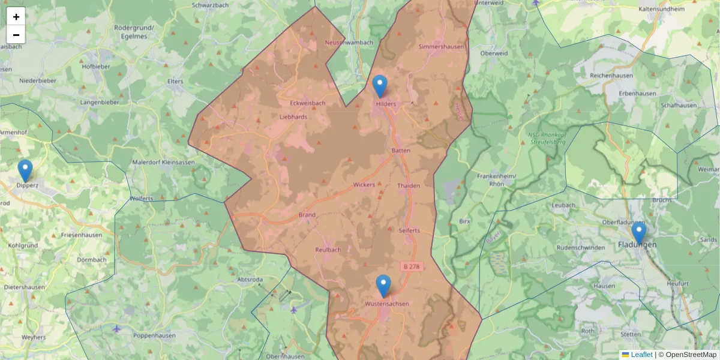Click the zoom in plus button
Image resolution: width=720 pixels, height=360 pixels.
pyautogui.click(x=16, y=17)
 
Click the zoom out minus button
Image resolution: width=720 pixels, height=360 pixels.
pyautogui.click(x=16, y=35)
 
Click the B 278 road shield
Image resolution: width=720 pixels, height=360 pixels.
pyautogui.click(x=410, y=266)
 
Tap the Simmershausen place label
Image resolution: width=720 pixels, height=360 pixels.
pyautogui.click(x=440, y=46)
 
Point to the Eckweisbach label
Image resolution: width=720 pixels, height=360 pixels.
pyautogui.click(x=303, y=103)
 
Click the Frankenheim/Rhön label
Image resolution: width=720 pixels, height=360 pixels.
pyautogui.click(x=496, y=180)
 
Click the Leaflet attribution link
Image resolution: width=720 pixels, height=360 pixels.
pyautogui.click(x=641, y=355)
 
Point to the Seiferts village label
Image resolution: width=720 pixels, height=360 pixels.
pyautogui.click(x=409, y=230)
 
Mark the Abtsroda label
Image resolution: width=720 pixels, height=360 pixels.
pyautogui.click(x=251, y=280)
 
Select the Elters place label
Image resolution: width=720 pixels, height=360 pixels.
pyautogui.click(x=175, y=80)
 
